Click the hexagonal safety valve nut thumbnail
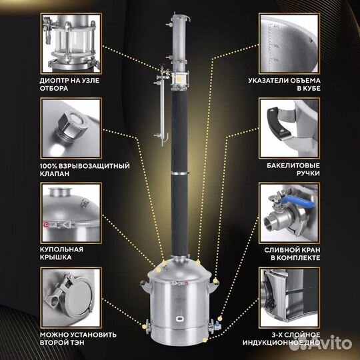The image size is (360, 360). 71,129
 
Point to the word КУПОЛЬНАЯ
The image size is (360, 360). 61,249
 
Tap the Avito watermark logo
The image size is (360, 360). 321,343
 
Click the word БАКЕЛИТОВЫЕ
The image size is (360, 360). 293,165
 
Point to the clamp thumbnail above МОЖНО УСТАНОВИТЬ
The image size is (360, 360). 71,298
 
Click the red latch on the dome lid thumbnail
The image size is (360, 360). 46,225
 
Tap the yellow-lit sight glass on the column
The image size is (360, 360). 179,79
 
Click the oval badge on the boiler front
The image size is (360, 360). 180,319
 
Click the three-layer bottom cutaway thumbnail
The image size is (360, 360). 289,298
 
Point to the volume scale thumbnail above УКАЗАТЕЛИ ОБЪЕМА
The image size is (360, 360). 289,43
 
